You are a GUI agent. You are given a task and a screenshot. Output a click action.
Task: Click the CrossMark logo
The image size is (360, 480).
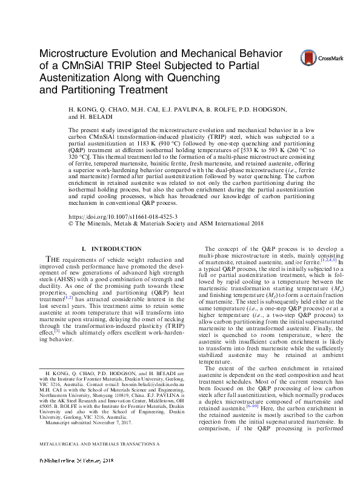(321, 58)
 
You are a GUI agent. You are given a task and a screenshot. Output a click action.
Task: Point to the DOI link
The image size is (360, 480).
(119, 216)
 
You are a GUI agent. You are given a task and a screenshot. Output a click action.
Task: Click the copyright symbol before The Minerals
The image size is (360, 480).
(72, 223)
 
